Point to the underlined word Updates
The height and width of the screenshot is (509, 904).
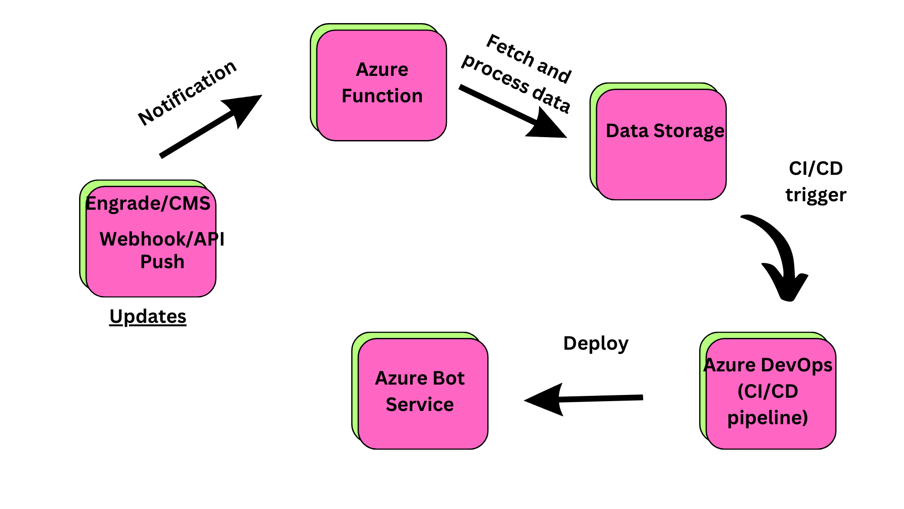coord(148,316)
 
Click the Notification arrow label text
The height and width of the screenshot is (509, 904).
coord(187,93)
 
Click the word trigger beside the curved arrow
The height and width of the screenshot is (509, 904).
coord(815,195)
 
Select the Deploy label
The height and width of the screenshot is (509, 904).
coord(596,344)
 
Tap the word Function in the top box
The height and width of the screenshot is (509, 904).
coord(382,96)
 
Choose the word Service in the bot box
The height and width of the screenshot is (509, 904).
coord(420,405)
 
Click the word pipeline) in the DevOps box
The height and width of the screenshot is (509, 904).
coord(767,418)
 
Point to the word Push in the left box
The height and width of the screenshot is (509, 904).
coord(162,262)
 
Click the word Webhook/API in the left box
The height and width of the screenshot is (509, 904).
coord(162,239)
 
